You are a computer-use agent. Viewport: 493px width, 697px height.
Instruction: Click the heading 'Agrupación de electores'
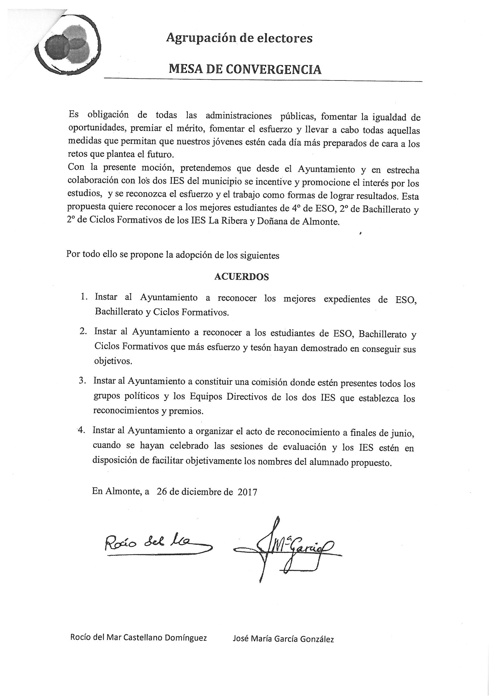(x=239, y=38)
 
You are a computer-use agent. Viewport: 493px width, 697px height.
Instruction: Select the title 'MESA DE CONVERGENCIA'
(x=245, y=69)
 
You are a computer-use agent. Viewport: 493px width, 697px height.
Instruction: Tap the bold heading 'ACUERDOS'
(x=242, y=277)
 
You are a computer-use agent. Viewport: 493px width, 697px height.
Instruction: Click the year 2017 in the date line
(x=247, y=492)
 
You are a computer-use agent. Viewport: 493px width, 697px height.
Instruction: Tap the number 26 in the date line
(x=162, y=492)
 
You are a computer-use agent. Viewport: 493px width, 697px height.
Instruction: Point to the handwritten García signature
(x=287, y=548)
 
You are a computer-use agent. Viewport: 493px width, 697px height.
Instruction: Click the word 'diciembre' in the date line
(x=202, y=492)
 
